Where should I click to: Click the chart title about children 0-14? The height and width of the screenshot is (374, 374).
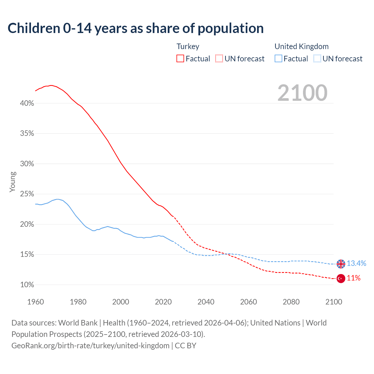pyautogui.click(x=136, y=28)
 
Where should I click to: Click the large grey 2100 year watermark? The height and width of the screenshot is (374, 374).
pyautogui.click(x=302, y=93)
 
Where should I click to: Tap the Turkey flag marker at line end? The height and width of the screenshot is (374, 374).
pyautogui.click(x=341, y=278)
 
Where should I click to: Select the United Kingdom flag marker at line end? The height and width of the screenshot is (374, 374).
pyautogui.click(x=341, y=264)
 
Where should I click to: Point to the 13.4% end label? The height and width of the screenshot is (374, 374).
pyautogui.click(x=356, y=264)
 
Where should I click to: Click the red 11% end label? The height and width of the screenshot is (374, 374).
pyautogui.click(x=354, y=278)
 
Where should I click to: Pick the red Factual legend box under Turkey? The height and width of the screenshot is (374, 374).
pyautogui.click(x=180, y=59)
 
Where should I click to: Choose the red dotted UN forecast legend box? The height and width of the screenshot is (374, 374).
pyautogui.click(x=219, y=59)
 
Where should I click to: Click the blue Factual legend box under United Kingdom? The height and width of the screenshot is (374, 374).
pyautogui.click(x=278, y=59)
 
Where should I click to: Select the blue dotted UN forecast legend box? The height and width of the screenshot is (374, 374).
pyautogui.click(x=317, y=59)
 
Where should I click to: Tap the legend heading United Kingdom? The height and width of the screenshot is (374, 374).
pyautogui.click(x=302, y=46)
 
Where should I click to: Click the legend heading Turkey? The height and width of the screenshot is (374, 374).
pyautogui.click(x=188, y=46)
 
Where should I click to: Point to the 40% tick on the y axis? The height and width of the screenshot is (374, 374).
pyautogui.click(x=27, y=103)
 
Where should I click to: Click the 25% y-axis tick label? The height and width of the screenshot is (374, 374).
pyautogui.click(x=27, y=194)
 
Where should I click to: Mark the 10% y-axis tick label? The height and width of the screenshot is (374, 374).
pyautogui.click(x=27, y=285)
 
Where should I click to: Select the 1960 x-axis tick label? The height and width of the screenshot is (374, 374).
pyautogui.click(x=35, y=302)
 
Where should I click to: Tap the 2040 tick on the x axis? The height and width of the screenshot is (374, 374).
pyautogui.click(x=206, y=302)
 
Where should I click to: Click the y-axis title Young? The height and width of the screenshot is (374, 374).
pyautogui.click(x=13, y=182)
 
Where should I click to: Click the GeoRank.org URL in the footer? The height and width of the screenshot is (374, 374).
pyautogui.click(x=90, y=346)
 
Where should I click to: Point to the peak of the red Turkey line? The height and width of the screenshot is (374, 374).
pyautogui.click(x=51, y=85)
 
